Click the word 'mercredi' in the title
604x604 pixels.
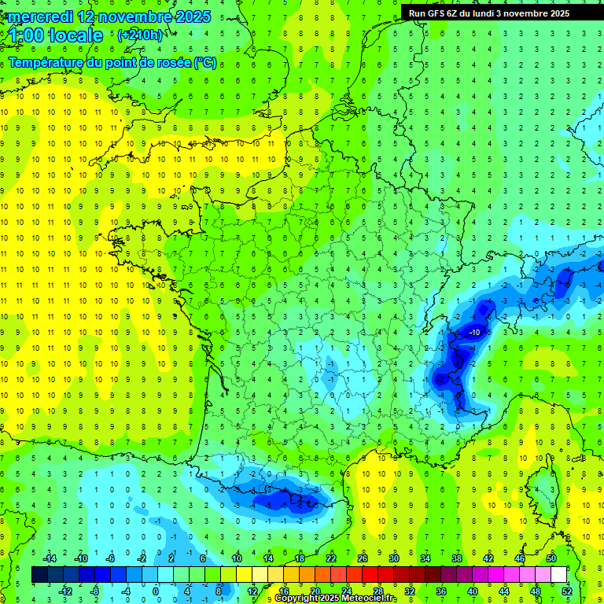(42, 17)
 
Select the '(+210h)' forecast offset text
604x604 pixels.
(140, 35)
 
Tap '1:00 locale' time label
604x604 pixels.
(56, 35)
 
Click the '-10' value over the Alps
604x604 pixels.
(474, 333)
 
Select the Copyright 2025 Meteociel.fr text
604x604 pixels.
(336, 598)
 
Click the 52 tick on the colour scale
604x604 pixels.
(566, 591)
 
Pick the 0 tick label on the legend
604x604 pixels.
(155, 591)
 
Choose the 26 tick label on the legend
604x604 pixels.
(362, 558)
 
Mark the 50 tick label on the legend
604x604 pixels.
(551, 558)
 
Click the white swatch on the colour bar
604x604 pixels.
(558, 575)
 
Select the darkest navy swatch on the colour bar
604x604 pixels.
(40, 575)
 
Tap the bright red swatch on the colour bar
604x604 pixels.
(370, 575)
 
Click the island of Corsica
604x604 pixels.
(542, 488)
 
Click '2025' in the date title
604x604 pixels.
(191, 17)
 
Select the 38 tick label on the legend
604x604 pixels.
(456, 558)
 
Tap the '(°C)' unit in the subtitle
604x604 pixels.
(205, 63)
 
